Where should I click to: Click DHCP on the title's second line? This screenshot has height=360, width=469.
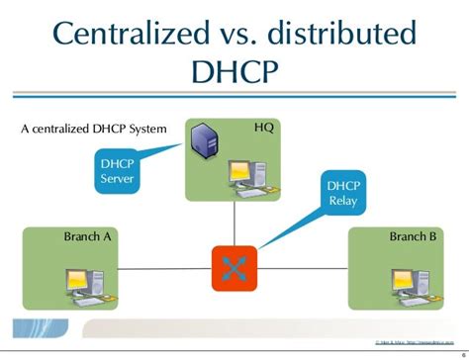point(234,77)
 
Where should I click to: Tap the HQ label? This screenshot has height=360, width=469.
point(264,129)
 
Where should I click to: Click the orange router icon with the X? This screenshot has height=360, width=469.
point(234,267)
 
